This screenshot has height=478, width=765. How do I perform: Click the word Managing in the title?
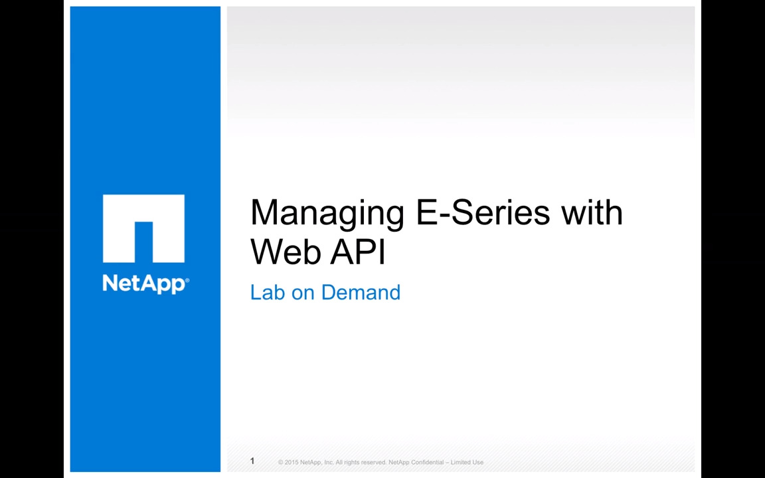click(x=327, y=214)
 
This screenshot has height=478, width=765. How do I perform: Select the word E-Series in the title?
click(x=483, y=212)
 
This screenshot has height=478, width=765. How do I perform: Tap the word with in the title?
click(x=592, y=212)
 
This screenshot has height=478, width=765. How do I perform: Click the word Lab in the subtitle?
click(x=268, y=293)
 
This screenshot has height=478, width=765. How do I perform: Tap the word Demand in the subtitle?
click(x=361, y=293)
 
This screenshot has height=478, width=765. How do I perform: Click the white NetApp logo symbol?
click(x=143, y=228)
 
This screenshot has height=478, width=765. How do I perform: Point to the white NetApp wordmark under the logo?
click(x=144, y=283)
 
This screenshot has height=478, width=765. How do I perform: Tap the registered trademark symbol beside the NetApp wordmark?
click(x=187, y=280)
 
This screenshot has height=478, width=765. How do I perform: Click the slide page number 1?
click(x=252, y=461)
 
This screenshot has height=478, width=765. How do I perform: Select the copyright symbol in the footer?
click(x=280, y=462)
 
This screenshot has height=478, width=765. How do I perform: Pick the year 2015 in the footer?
click(x=292, y=462)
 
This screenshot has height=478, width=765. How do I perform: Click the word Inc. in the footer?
click(x=329, y=462)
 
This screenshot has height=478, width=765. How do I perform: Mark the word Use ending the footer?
click(x=477, y=462)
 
